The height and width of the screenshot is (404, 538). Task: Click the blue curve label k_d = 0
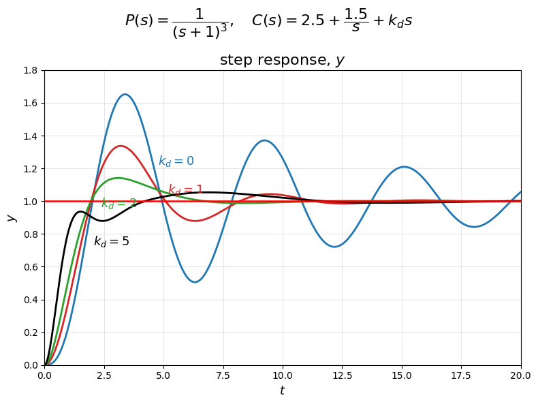coord(176,161)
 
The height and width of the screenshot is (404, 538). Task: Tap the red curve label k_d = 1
coord(186,190)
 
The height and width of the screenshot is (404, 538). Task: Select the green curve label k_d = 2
coord(119,204)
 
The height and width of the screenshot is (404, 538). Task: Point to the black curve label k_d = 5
coord(112,242)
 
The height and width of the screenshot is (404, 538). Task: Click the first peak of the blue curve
coord(125,95)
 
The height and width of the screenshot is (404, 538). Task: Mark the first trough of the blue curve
coord(195,282)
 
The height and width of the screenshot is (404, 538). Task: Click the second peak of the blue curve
coord(264,141)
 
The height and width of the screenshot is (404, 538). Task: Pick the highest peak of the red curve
coord(121,146)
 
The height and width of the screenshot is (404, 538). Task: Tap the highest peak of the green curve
coord(118,178)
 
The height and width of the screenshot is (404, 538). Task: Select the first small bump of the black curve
coord(80,212)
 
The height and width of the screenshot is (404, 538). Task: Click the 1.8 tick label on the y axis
coord(30,70)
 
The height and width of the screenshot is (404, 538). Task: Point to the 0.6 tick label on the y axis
coord(30,267)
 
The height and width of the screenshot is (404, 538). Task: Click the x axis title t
coord(282,391)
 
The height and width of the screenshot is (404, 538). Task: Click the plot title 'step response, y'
coord(282,60)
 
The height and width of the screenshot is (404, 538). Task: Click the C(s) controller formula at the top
coord(332,22)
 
